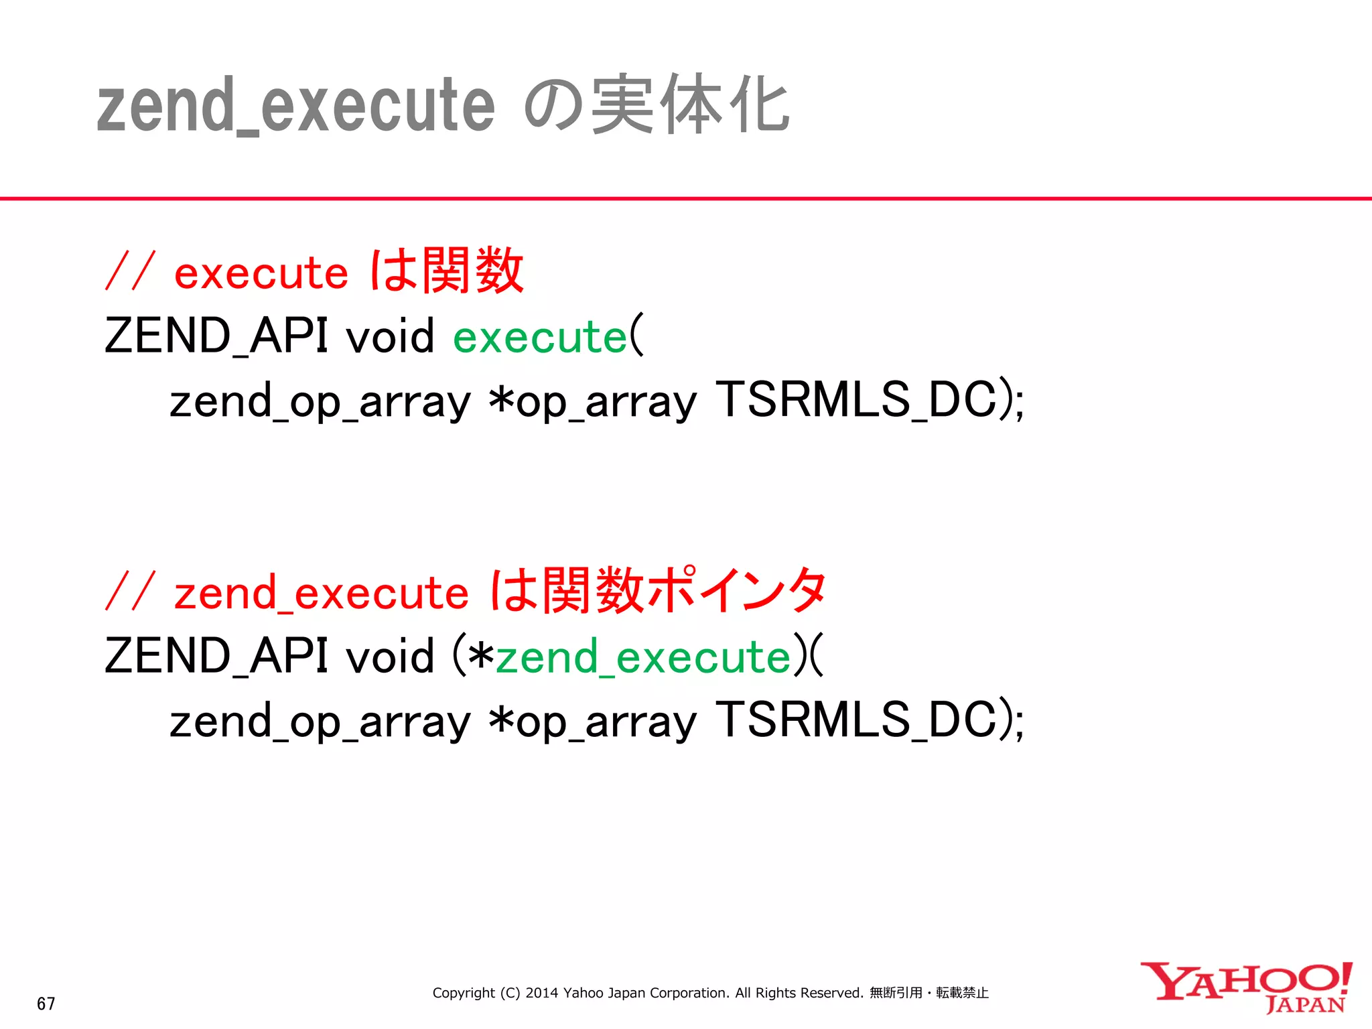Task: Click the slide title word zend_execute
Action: pos(295,106)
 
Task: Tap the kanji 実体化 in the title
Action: pos(690,105)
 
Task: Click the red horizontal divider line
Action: pos(686,198)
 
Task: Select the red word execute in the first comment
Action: pos(261,273)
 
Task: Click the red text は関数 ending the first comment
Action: pos(448,271)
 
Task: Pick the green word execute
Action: pos(540,336)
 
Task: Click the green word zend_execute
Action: pos(643,657)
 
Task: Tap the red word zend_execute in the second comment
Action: pos(322,594)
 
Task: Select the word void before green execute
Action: pos(389,336)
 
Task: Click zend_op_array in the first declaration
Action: pos(320,402)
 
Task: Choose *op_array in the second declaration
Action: pos(592,722)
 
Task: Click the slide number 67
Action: pos(46,1004)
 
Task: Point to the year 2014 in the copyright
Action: pos(541,993)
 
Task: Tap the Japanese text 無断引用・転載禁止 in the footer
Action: pos(929,993)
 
